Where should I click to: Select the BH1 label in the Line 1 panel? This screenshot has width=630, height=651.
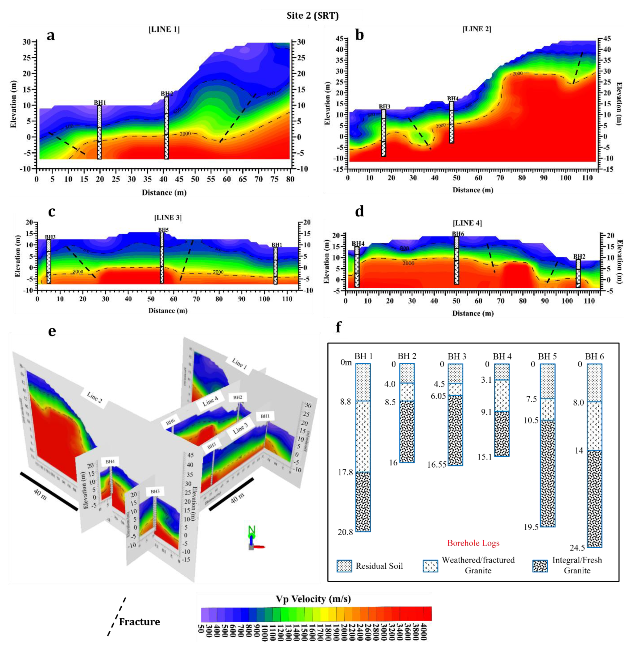[100, 103]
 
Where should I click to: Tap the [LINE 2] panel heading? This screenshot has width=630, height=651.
[477, 29]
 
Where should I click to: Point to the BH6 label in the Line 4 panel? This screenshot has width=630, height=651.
[458, 234]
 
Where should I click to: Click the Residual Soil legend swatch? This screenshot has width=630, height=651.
[344, 566]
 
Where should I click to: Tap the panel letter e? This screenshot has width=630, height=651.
[52, 331]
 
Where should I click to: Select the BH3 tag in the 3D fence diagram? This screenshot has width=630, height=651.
[155, 492]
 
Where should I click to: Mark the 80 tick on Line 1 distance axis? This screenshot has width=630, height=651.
[290, 179]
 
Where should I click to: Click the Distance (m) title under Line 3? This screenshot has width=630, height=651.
[168, 311]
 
